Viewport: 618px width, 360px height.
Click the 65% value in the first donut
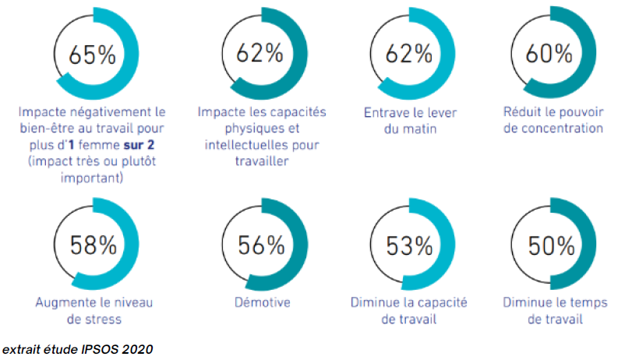[91, 55]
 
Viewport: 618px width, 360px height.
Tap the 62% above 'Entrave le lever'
[409, 54]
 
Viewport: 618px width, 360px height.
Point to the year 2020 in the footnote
[137, 348]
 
